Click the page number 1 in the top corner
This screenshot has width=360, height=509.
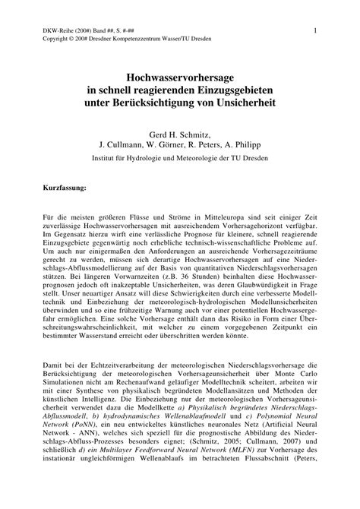314,30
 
